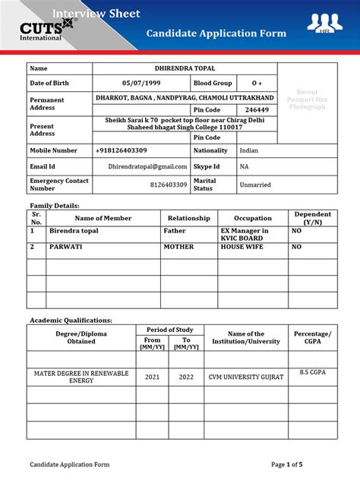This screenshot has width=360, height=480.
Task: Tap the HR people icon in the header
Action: pos(324,24)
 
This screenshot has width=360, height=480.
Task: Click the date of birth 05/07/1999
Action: pos(142,83)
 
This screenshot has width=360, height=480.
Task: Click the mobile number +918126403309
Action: pos(122,150)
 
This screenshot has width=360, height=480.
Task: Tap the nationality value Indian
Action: pos(249,150)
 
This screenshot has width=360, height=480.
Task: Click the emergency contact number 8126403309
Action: pos(169,184)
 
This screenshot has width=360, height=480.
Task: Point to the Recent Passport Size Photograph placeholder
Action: pos(307,99)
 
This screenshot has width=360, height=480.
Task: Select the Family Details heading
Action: pos(55,206)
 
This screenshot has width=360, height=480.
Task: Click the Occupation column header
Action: pos(252,218)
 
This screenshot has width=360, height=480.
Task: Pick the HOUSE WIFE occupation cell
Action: pos(242,247)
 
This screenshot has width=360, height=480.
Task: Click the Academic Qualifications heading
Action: pos(71,321)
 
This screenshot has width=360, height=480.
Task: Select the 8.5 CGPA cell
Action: pos(312,372)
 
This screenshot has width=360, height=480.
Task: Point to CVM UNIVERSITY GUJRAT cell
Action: pos(246,377)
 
